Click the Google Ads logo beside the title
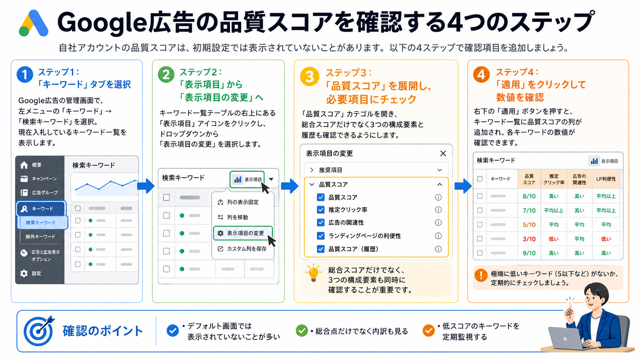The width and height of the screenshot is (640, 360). [x=33, y=23]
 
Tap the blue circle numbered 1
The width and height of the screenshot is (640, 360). [x=25, y=75]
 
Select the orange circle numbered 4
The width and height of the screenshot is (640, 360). [x=482, y=75]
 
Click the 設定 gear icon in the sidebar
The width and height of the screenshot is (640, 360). [x=24, y=273]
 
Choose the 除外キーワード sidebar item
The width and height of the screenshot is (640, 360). [x=41, y=236]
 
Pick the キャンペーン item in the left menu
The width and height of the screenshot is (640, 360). [x=39, y=179]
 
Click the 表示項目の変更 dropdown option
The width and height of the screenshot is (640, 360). [x=243, y=233]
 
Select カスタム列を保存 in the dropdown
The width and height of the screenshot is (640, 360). [x=242, y=249]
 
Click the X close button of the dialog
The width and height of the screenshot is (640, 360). [x=443, y=153]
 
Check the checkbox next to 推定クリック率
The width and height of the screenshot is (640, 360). [x=320, y=210]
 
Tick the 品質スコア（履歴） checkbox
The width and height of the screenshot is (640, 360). [x=320, y=249]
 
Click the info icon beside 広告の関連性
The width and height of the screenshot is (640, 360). [x=438, y=223]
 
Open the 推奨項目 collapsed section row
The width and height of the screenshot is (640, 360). [x=376, y=170]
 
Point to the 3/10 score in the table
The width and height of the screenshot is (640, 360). [x=529, y=239]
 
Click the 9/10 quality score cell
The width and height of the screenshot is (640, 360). [x=529, y=253]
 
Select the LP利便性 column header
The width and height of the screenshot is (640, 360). [x=606, y=179]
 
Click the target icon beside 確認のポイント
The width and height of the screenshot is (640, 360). [x=39, y=330]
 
